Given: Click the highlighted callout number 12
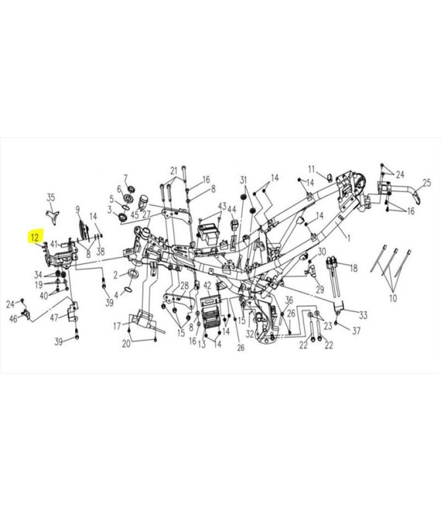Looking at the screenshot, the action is click(35, 237).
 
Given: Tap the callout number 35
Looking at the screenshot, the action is click(51, 197).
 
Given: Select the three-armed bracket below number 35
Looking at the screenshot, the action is click(52, 217).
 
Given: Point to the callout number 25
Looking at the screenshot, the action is click(426, 183).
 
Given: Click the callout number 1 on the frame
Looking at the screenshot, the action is click(348, 238).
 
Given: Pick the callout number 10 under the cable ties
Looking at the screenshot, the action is click(393, 298).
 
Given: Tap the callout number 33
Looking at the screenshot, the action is click(363, 315).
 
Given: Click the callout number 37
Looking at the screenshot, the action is click(357, 331).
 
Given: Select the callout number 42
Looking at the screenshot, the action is click(207, 286).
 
